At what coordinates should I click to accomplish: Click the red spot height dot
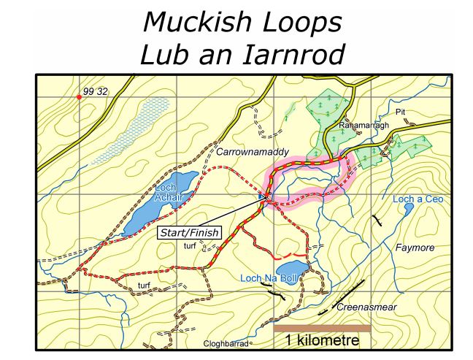tap(80, 96)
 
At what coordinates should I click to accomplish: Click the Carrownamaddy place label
tap(253, 152)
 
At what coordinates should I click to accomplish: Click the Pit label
tap(399, 112)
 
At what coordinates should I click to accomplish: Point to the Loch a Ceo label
tap(418, 199)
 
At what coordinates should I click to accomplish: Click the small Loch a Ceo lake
tap(409, 209)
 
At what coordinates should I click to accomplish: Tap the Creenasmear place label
tap(366, 307)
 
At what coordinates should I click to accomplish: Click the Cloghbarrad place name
tap(228, 343)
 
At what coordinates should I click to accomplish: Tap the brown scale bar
tap(322, 329)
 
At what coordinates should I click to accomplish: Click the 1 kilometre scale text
tap(322, 341)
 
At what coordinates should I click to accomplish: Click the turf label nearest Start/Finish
tap(190, 247)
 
